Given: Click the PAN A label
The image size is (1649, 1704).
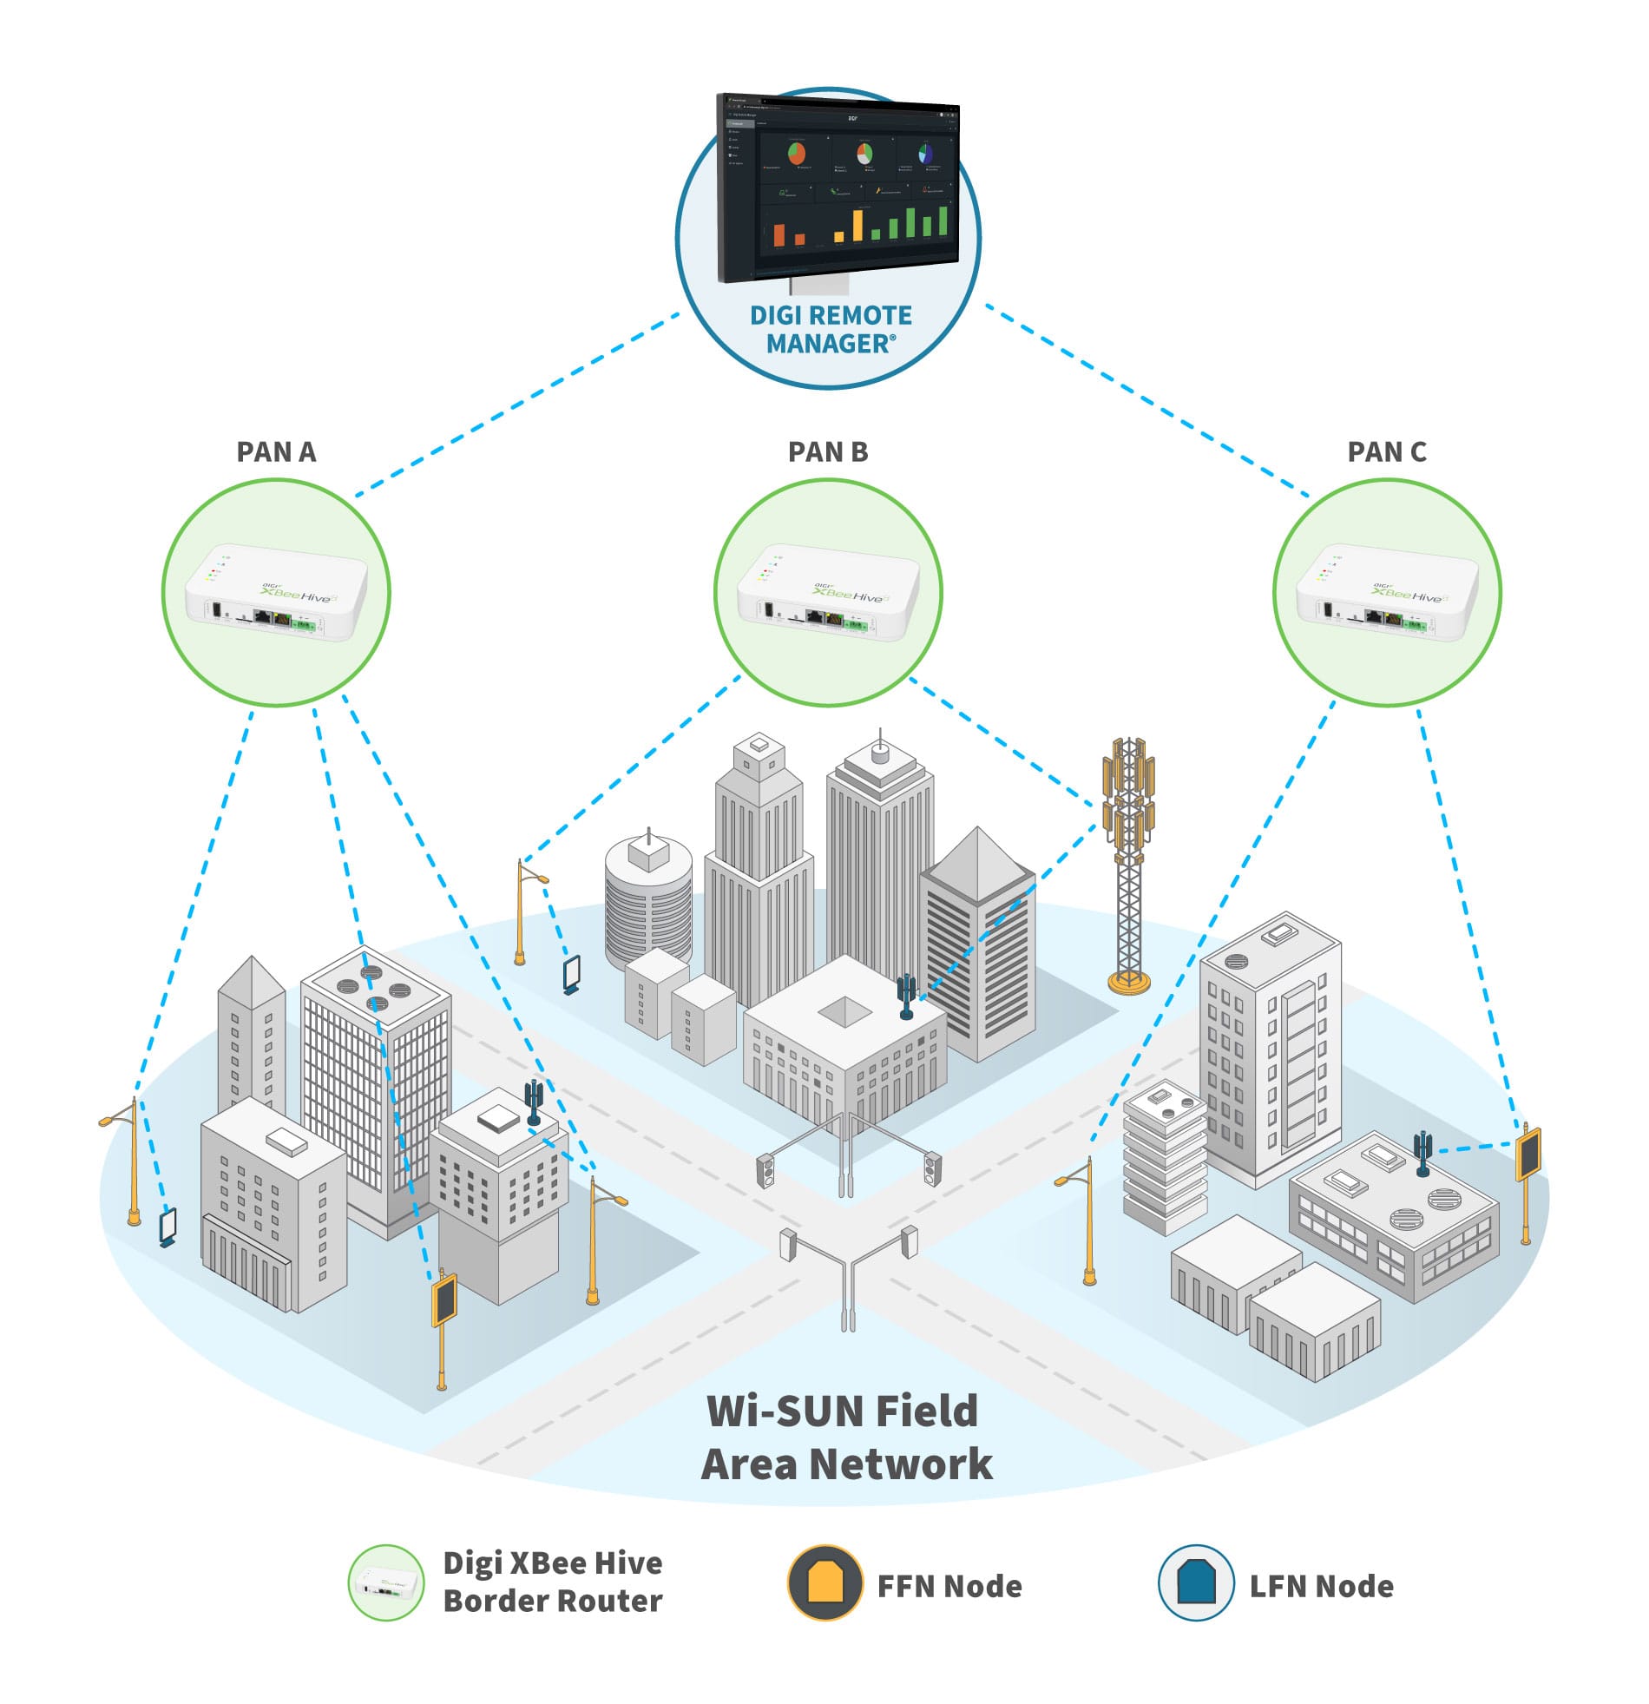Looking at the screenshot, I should [x=276, y=452].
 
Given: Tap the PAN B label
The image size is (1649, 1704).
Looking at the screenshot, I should [x=828, y=452].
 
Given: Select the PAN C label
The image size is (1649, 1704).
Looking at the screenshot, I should [x=1387, y=452].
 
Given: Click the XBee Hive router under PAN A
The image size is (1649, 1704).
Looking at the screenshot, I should [x=277, y=596].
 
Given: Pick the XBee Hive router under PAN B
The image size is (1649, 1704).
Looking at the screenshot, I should [x=828, y=596].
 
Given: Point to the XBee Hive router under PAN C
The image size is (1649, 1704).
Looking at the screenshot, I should [x=1387, y=596].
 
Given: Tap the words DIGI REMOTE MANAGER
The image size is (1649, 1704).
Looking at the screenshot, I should [x=831, y=330].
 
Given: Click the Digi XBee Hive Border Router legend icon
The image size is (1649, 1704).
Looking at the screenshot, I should [x=386, y=1582].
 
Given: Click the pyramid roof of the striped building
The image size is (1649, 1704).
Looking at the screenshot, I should [x=977, y=861].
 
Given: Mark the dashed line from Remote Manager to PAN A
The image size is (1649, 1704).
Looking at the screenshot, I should [x=517, y=405].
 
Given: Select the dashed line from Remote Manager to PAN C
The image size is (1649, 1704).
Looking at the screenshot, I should [x=1147, y=401].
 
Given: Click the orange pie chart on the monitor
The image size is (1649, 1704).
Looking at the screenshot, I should [x=796, y=154].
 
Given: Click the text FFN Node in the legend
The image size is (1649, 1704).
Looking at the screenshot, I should [x=949, y=1586].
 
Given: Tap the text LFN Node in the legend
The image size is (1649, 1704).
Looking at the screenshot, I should [x=1321, y=1586].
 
